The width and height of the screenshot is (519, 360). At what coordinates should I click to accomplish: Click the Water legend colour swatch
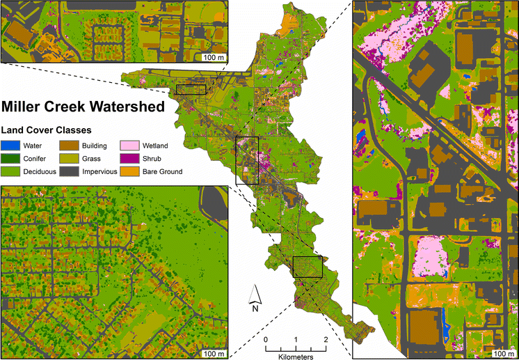click(10, 146)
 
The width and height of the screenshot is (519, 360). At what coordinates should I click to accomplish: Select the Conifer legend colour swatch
click(10, 159)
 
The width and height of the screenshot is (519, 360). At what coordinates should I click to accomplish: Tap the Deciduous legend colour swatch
click(10, 171)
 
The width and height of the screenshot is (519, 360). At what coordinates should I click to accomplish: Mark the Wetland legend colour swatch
click(128, 146)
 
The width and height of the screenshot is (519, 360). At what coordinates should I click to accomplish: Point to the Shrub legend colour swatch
click(128, 159)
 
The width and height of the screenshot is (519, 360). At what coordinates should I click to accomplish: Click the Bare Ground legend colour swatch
click(128, 171)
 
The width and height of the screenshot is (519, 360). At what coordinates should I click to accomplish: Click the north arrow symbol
click(255, 295)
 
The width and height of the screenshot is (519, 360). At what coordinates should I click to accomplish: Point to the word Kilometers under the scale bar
click(295, 355)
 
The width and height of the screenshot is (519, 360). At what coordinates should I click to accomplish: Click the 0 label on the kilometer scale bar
click(265, 340)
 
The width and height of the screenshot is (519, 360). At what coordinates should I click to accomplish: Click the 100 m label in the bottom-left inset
click(214, 353)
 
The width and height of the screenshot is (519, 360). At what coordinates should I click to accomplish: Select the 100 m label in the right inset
click(502, 353)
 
